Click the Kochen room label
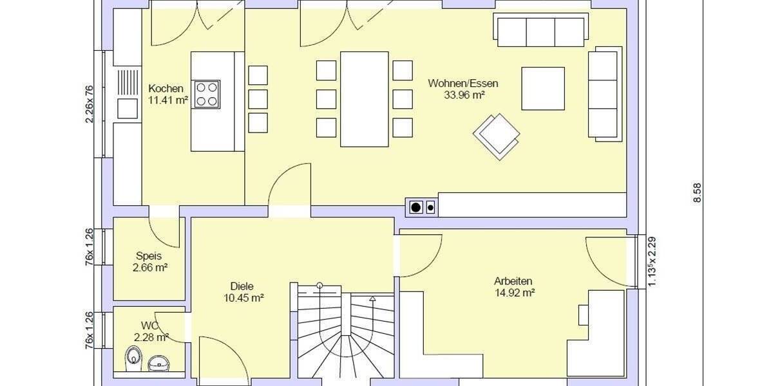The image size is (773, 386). pyautogui.click(x=166, y=89)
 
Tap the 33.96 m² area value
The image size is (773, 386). pyautogui.click(x=464, y=95)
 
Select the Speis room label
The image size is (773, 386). pyautogui.click(x=149, y=255)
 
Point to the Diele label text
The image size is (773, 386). pyautogui.click(x=242, y=286)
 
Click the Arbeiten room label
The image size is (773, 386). pyautogui.click(x=513, y=281)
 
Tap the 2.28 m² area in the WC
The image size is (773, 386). pyautogui.click(x=151, y=336)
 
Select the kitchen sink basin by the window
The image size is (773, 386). pyautogui.click(x=127, y=108)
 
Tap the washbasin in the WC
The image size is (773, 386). pyautogui.click(x=158, y=363)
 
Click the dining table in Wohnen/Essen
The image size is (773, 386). pyautogui.click(x=365, y=98)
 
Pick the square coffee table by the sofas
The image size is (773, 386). pyautogui.click(x=542, y=88)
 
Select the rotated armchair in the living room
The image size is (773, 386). pyautogui.click(x=497, y=136)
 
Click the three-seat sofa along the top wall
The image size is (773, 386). pyautogui.click(x=540, y=31)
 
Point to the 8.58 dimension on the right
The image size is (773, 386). pyautogui.click(x=697, y=193)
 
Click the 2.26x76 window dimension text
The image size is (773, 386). pyautogui.click(x=90, y=103)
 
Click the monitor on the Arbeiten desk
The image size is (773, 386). pyautogui.click(x=583, y=315)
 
